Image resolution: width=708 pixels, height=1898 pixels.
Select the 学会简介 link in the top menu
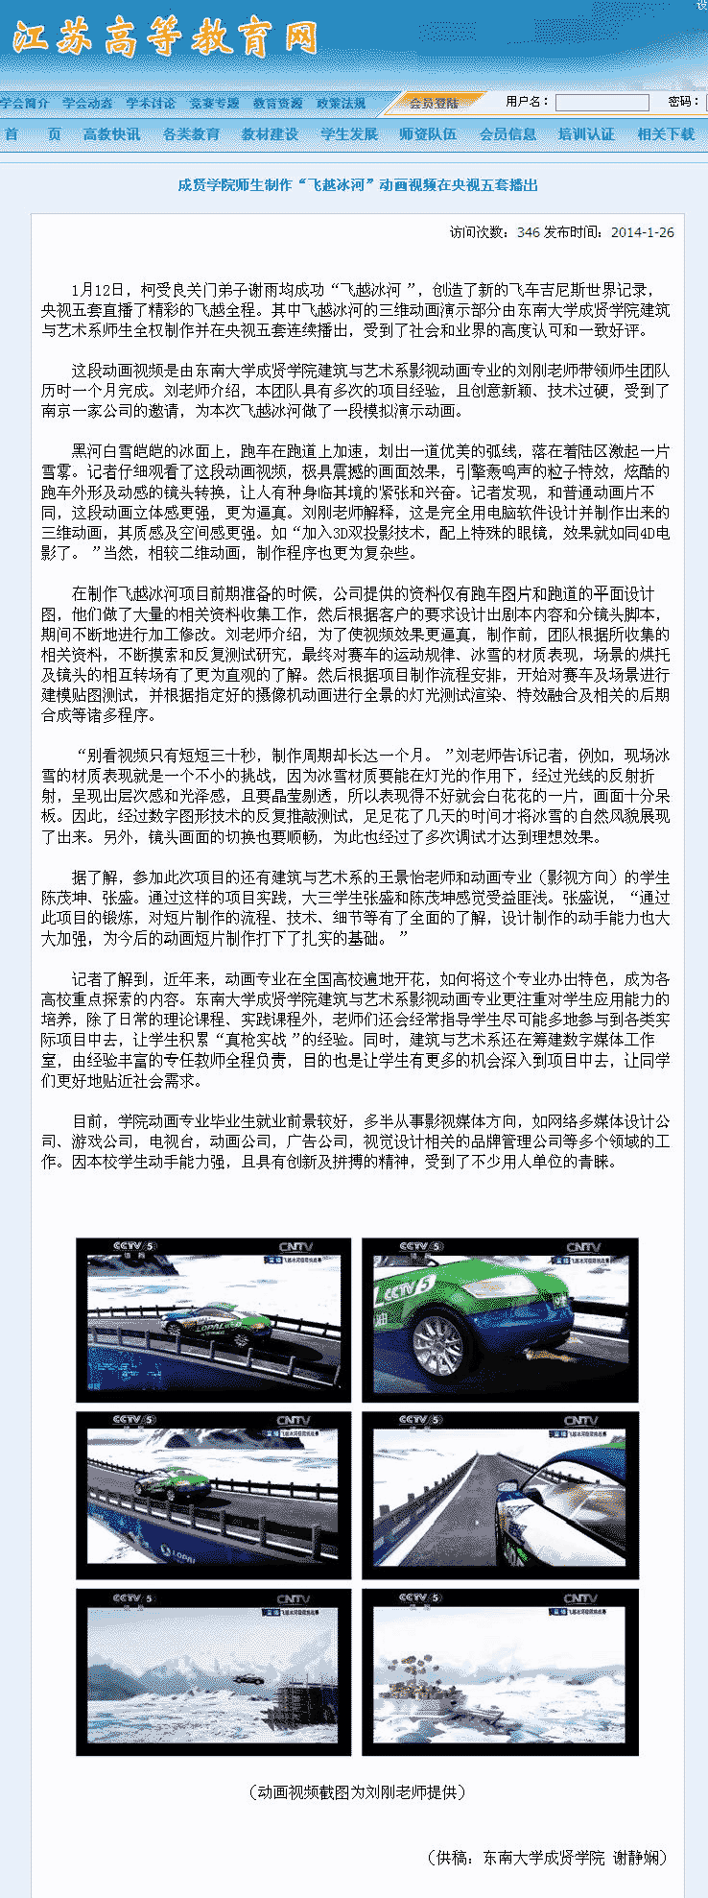coord(25,103)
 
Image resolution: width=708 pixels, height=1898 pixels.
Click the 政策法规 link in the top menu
coord(342,103)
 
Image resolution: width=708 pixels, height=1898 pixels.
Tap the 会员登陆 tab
coord(434,103)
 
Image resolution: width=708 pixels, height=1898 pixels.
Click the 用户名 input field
coord(602,102)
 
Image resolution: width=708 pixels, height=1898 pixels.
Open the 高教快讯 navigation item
coord(111,134)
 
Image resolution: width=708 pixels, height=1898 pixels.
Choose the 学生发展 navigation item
coord(349,134)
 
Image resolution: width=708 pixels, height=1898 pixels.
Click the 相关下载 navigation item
coord(666,134)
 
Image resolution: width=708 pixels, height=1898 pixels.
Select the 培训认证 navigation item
coord(586,134)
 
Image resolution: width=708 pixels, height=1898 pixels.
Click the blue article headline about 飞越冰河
coord(357,185)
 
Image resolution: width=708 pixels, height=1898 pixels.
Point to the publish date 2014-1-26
coord(642,232)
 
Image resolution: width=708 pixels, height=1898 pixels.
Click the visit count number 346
coord(528,232)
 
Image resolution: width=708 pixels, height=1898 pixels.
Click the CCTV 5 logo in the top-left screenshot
coord(133,1247)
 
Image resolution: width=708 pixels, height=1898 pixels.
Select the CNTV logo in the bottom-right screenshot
coord(580,1599)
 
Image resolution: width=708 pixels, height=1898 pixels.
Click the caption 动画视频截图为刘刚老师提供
coord(357,1792)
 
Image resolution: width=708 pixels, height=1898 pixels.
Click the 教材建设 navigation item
coord(270,134)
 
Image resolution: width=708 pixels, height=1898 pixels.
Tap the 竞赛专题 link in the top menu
coord(214,103)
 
